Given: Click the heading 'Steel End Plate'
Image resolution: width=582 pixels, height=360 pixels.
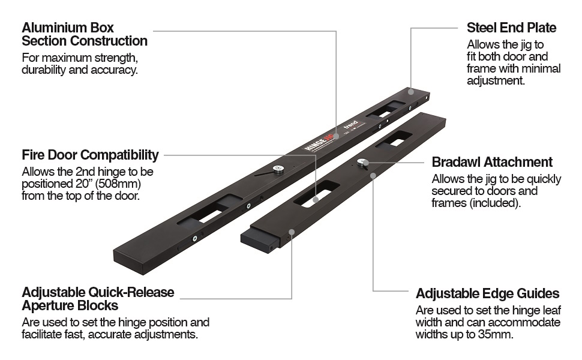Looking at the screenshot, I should pos(511,28).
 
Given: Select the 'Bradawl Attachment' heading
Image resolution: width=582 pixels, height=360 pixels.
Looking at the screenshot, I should pos(492,162).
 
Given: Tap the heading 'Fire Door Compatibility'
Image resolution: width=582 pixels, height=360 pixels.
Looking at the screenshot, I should pos(90,155).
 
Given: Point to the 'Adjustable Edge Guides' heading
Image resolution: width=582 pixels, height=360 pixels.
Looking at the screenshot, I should pos(487,294).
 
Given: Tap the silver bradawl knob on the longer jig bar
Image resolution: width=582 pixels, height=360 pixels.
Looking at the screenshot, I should pos(278,170).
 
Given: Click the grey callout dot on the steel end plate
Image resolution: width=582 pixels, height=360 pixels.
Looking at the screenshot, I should pos(410,92).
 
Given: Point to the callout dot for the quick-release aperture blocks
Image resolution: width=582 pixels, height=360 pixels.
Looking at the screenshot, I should pos(292,232).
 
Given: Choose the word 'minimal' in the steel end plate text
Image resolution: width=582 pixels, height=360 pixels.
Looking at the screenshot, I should pos(539,69).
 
